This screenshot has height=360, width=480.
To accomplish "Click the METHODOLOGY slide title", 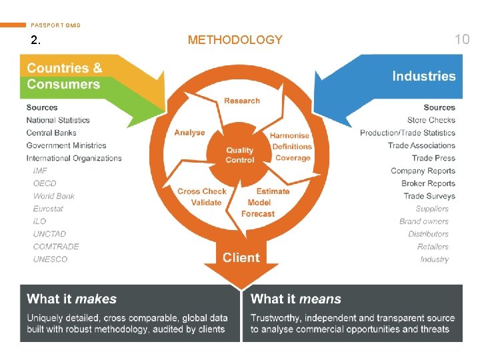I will coord(235,40).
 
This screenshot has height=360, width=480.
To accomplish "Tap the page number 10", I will coord(461,39).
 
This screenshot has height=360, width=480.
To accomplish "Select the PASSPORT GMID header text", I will coord(56,25).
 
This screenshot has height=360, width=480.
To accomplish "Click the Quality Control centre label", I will coord(240,155).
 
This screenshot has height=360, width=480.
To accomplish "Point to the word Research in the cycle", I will coord(242,101).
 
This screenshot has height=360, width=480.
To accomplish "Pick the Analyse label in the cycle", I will coord(190,133).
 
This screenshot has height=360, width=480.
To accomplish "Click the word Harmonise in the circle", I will coord(289,135).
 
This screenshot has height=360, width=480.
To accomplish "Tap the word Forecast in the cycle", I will coord(258,214).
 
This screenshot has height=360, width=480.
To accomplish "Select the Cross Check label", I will coord(202,191).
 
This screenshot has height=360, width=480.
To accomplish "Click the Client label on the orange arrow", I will coord(241,257).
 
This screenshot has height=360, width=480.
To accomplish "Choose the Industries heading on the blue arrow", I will coord(423,77).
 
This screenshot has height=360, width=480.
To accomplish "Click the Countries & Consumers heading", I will coord(65,76).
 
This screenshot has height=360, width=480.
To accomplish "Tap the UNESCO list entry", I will coord(50,259).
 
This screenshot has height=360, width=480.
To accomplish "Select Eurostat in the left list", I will coord(49,209).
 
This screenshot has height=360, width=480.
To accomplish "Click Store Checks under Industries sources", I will coord(431,120).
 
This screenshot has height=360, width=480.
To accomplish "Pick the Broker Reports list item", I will coord(428,183).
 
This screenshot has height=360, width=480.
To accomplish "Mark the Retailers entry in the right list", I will coord(433,247).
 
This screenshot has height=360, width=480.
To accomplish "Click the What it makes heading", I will coord(72,299).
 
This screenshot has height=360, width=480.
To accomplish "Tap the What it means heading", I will coord(296,299).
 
